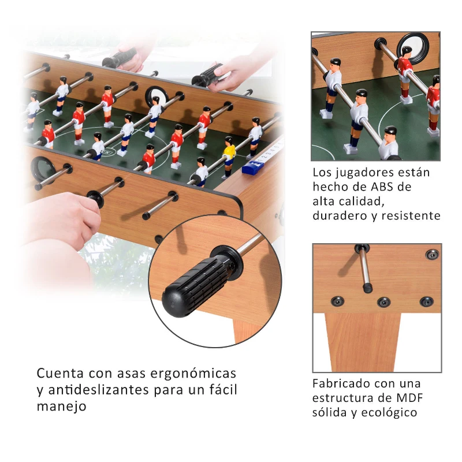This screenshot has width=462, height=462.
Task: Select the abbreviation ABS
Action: point(393,187)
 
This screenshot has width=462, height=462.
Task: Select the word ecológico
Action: point(390,412)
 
